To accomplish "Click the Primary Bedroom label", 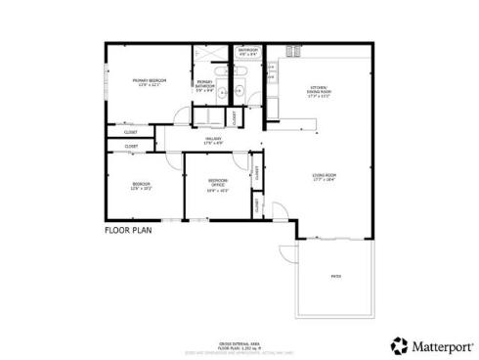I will [151, 80].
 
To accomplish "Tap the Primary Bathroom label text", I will [205, 82].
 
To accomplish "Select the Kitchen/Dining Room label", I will [320, 89].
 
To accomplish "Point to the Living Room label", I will [325, 175].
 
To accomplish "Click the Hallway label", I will [213, 139].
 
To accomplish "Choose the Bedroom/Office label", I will [218, 181].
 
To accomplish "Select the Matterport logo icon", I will [399, 344].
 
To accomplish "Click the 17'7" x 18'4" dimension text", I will [325, 180].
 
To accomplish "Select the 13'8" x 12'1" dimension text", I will [151, 85].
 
